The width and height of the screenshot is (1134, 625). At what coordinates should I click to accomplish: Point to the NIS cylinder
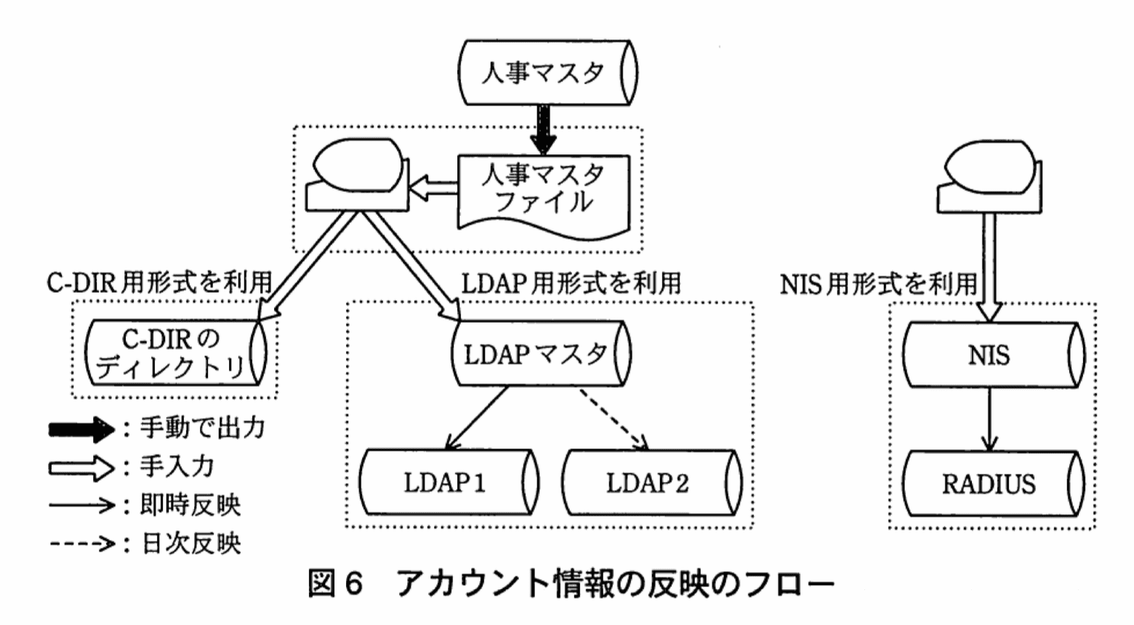click(992, 355)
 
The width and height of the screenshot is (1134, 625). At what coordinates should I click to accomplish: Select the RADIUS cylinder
click(992, 484)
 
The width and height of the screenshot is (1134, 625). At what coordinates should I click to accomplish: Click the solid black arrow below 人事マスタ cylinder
click(542, 129)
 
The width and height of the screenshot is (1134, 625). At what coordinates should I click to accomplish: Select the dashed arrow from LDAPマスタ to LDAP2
click(612, 419)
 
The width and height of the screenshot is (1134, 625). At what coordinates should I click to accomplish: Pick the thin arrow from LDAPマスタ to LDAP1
click(477, 419)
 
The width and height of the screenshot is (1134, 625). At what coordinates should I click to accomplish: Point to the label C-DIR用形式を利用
click(159, 283)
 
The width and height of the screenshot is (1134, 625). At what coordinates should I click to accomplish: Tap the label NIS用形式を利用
click(879, 283)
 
